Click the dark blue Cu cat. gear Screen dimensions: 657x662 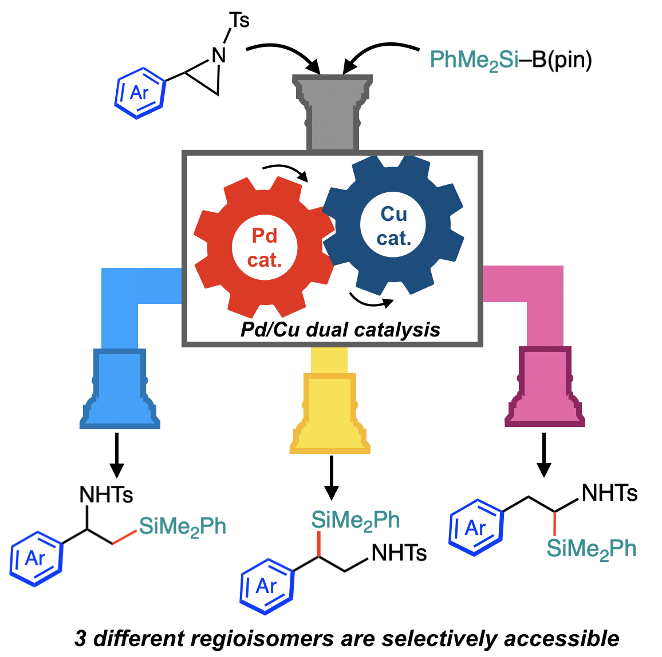(393, 225)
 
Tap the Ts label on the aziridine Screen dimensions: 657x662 (239, 21)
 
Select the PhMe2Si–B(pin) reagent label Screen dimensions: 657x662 (510, 60)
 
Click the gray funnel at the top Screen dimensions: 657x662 (333, 109)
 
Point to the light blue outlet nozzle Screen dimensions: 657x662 (120, 389)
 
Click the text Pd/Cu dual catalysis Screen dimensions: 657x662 (340, 330)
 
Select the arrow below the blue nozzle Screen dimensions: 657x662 (117, 455)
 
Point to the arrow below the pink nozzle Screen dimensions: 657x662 (544, 455)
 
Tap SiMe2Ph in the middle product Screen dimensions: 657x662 (355, 520)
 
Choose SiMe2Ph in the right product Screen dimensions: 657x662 (591, 548)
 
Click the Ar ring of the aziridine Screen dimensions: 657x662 (139, 92)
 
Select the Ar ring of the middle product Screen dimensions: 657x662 (267, 585)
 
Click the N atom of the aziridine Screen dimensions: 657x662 (219, 55)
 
